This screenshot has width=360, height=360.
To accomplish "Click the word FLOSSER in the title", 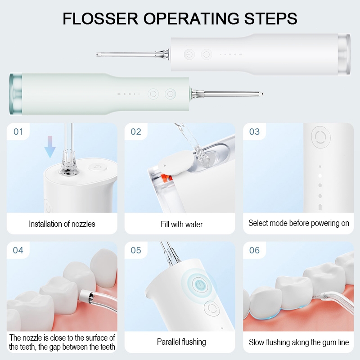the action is coord(100,18).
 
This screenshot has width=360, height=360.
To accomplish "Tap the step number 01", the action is coord(18,131).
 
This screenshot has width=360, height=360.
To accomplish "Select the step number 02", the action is coord(136,131).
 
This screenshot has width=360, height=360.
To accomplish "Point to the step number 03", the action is coord(254,131).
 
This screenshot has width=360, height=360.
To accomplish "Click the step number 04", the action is coord(18,250).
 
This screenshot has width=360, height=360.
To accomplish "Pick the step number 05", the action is coord(136,250).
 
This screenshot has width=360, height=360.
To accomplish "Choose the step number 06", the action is coord(254,250).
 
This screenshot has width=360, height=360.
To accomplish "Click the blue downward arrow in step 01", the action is coord(50,147).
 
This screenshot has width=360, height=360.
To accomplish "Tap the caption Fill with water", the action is coord(182,224).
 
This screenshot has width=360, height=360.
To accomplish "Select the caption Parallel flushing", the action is coord(181,342).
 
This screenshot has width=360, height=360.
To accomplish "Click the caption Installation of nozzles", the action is coord(62,224).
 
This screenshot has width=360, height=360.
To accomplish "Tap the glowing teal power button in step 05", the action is coord(200,285).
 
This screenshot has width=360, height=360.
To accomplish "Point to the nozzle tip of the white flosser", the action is coord(97,54).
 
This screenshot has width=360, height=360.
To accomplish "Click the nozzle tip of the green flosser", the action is coord(262,94).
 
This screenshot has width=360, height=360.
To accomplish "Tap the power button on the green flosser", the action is coord(171,94).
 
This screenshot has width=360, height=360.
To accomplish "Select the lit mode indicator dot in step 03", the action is coord(320,176).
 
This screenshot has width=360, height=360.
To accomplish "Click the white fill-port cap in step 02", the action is coord(176,162).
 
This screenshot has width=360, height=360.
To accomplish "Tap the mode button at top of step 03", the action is coord(321,137).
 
